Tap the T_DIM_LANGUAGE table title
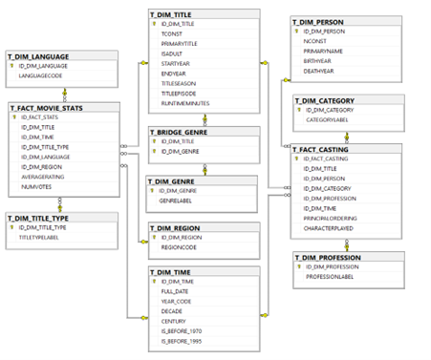pos(41,57)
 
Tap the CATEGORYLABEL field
pos(329,121)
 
